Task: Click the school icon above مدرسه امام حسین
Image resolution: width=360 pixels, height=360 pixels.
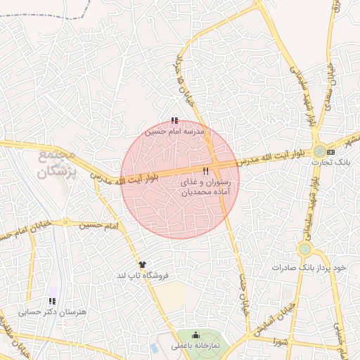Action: (174, 121)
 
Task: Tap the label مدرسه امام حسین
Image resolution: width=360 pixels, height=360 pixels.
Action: (174, 131)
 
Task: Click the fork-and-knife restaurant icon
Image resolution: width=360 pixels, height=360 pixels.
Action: (206, 172)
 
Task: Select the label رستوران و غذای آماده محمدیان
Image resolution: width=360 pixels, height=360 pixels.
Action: (210, 186)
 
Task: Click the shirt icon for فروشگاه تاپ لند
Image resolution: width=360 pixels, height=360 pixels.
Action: (143, 264)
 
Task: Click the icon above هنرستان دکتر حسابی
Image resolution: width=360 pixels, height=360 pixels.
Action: (51, 301)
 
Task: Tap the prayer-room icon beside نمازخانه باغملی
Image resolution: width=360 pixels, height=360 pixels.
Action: (195, 335)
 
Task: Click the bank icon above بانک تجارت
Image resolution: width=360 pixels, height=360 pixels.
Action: (331, 153)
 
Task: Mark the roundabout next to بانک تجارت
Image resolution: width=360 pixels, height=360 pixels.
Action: (320, 150)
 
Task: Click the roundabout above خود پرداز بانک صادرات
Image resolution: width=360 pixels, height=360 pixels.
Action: (304, 249)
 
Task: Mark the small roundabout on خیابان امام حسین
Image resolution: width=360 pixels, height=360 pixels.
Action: (66, 223)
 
